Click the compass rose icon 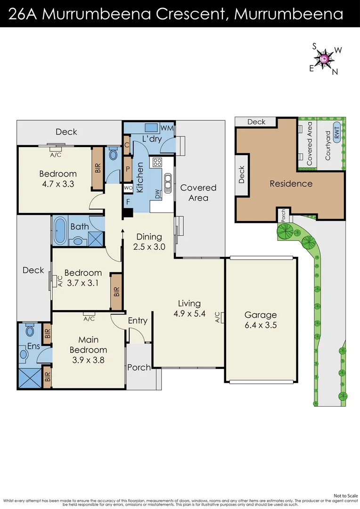pos(325,58)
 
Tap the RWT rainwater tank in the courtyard pos(336,132)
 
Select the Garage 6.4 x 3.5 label pos(261,320)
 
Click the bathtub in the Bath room pos(60,231)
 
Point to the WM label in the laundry pos(167,128)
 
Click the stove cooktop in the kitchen pos(156,163)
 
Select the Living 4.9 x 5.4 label pos(189,309)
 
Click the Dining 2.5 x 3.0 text pos(149,241)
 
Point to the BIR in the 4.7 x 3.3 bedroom pos(98,168)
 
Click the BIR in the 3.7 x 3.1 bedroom pos(116,291)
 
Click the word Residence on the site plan pos(291,184)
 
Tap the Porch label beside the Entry pos(139,367)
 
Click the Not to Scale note pos(346,496)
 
